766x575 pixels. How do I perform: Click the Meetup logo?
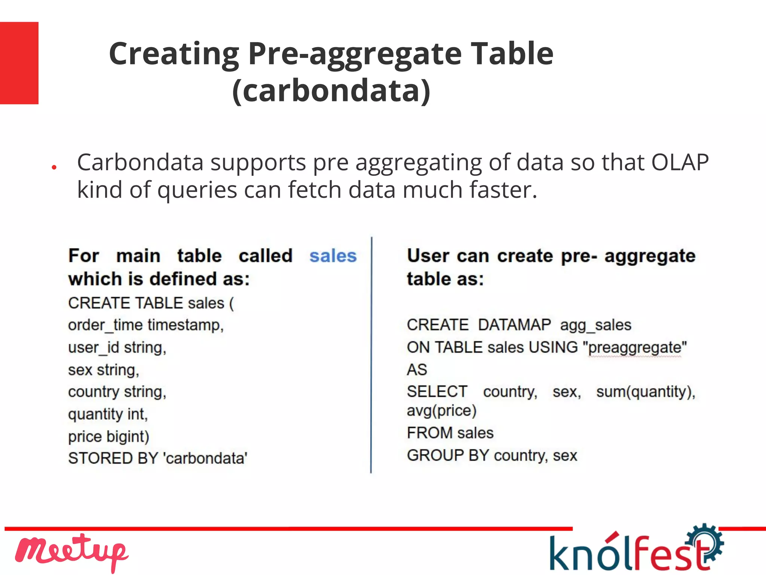pyautogui.click(x=71, y=552)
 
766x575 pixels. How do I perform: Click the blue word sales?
pyautogui.click(x=333, y=256)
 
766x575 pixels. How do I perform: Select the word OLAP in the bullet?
pyautogui.click(x=680, y=162)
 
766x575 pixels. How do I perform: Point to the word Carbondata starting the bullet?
pyautogui.click(x=140, y=162)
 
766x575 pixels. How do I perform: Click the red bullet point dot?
pyautogui.click(x=54, y=167)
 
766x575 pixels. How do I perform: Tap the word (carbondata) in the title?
pyautogui.click(x=331, y=91)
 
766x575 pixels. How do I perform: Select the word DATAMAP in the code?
pyautogui.click(x=514, y=325)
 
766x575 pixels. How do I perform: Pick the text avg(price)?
pyautogui.click(x=441, y=410)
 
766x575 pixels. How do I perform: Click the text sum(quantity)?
pyautogui.click(x=646, y=392)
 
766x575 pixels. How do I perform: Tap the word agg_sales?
pyautogui.click(x=595, y=325)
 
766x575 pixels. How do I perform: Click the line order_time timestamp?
pyautogui.click(x=146, y=325)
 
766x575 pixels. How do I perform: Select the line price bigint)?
pyautogui.click(x=108, y=437)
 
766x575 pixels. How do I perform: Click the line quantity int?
pyautogui.click(x=108, y=414)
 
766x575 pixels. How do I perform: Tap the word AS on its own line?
pyautogui.click(x=417, y=370)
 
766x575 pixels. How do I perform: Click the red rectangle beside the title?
pyautogui.click(x=19, y=63)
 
